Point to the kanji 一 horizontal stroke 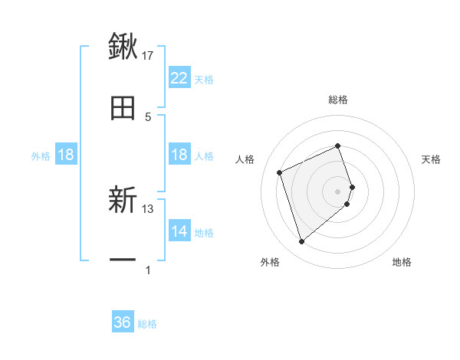point(123,260)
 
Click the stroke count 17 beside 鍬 point(148,55)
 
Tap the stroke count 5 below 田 point(148,117)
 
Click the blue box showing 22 point(179,78)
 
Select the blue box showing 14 point(179,231)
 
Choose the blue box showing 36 point(123,322)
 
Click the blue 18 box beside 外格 point(66,155)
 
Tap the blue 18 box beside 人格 point(179,155)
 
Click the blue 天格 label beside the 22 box point(204,79)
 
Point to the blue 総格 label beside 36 point(147,323)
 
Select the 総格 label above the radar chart point(338,100)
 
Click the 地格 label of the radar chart point(402,262)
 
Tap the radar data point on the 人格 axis point(281,172)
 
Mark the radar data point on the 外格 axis point(301,242)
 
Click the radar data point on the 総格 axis point(338,146)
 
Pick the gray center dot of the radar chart point(338,191)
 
